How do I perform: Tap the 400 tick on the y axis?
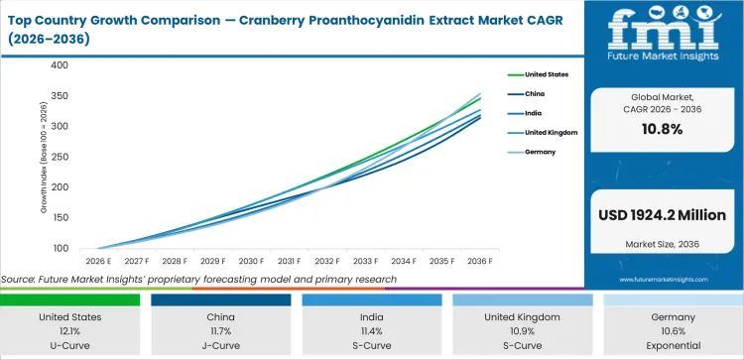(59, 65)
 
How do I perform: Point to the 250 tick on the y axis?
(59, 157)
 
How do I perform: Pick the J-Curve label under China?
(220, 345)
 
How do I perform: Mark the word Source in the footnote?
(20, 280)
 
